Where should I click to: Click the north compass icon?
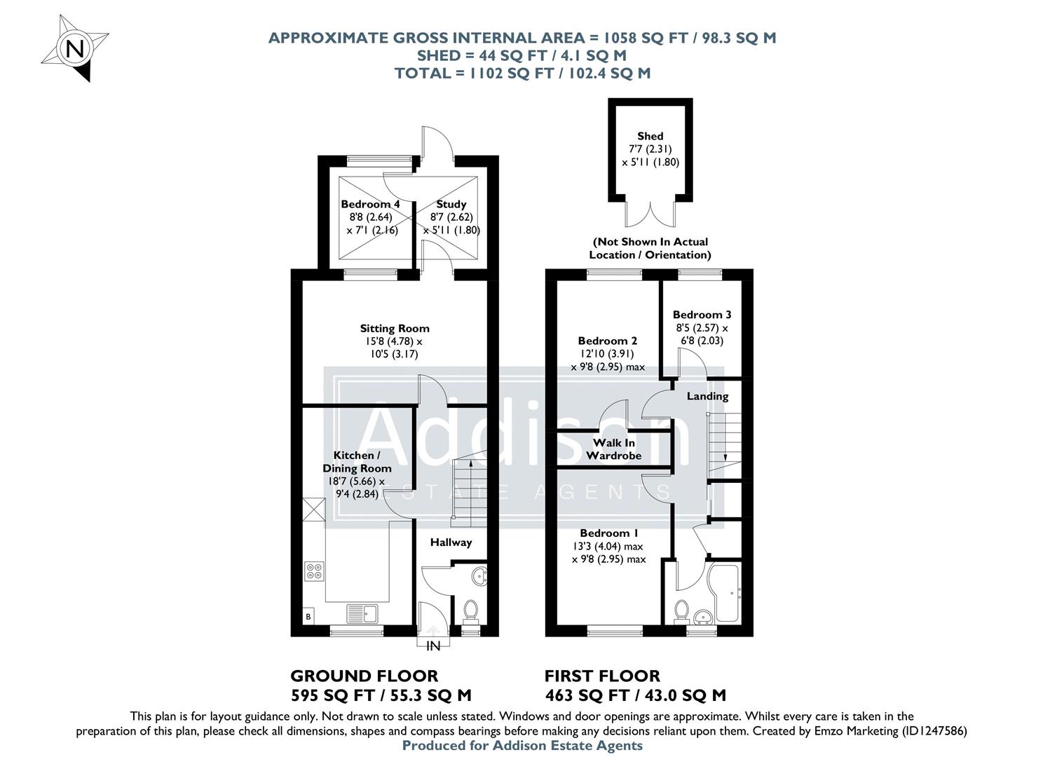coord(74,48)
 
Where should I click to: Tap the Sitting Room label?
coord(395,328)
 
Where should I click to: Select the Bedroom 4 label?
coord(370,204)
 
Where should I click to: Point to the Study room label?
coord(451,204)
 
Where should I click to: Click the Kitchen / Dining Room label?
coord(357,462)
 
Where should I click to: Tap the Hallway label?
coord(451,542)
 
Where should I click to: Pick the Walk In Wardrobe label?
coord(613,449)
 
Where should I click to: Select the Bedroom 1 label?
coord(608,533)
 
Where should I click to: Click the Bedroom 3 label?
coord(702,315)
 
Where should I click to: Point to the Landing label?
coord(707,396)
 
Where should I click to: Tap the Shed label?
coord(650,136)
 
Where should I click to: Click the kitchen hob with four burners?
coord(314,571)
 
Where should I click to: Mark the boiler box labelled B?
coord(307,617)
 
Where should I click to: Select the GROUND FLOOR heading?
coord(364,676)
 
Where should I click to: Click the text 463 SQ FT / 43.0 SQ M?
coord(635,695)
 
